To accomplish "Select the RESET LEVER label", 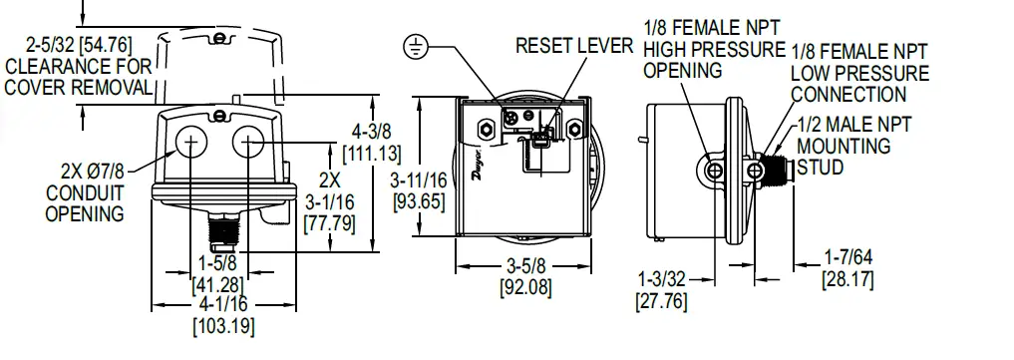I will pyautogui.click(x=573, y=47).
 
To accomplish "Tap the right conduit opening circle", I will pyautogui.click(x=249, y=145).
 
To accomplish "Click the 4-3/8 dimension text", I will pyautogui.click(x=370, y=132).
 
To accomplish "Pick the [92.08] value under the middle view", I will pyautogui.click(x=524, y=289).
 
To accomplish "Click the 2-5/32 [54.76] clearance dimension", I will pyautogui.click(x=80, y=46).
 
